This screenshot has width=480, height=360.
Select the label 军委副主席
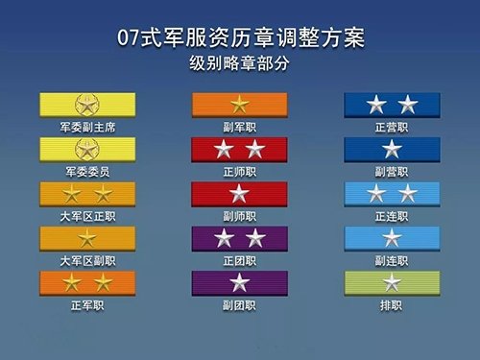tap(87, 127)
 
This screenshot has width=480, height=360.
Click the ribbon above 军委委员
tap(87, 149)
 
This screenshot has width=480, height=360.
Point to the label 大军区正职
tap(87, 216)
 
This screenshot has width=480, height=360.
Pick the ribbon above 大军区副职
tap(87, 238)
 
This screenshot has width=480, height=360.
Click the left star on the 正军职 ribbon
tap(72, 282)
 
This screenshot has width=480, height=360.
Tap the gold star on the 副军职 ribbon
tap(239, 105)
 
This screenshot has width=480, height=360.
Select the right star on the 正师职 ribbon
tap(254, 149)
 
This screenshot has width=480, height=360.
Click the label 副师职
tap(239, 216)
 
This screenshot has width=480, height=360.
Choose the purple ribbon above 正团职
tap(239, 238)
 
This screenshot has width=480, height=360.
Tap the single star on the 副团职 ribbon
tap(239, 282)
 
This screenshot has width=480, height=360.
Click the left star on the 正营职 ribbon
tap(376, 105)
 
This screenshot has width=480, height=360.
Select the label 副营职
tap(392, 171)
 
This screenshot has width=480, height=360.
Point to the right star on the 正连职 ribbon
tap(408, 194)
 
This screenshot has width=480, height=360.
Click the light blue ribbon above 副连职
tap(392, 238)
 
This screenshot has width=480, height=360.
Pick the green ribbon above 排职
tap(392, 282)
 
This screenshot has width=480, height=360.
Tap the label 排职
tap(392, 305)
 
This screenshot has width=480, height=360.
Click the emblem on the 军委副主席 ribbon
tap(87, 104)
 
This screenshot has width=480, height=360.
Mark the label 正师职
tap(239, 171)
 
